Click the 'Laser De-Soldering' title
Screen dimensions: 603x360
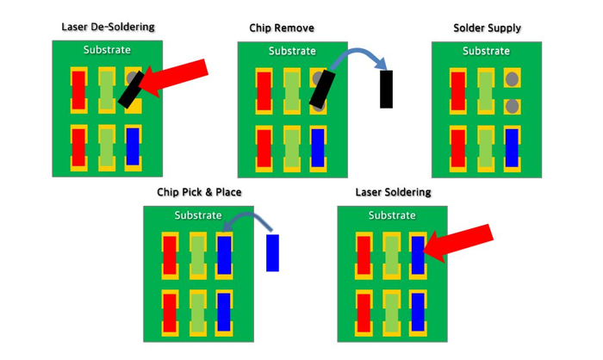(x=108, y=27)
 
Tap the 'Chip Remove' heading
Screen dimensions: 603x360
(x=282, y=28)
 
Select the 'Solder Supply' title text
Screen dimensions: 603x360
(x=487, y=28)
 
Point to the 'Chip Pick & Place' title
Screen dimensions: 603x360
(x=199, y=192)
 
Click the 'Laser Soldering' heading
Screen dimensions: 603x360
(x=393, y=192)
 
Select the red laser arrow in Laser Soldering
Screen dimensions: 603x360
(x=457, y=243)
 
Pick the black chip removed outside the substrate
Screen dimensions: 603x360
(x=387, y=90)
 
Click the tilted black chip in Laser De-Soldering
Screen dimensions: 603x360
(x=132, y=90)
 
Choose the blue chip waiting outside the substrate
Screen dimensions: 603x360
(x=273, y=252)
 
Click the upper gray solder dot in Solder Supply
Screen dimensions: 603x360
(x=512, y=79)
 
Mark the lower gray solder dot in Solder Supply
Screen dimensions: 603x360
(x=512, y=106)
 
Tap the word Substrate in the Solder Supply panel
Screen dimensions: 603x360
(x=486, y=51)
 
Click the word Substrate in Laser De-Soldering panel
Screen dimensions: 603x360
(x=107, y=50)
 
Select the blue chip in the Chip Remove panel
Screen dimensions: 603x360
(x=318, y=148)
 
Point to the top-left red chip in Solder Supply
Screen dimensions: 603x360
(x=457, y=91)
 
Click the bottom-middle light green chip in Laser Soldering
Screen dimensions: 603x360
(x=391, y=313)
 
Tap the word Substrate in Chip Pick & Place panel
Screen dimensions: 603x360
(x=198, y=215)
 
